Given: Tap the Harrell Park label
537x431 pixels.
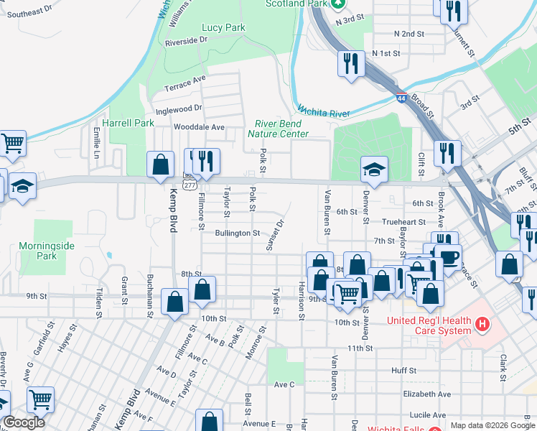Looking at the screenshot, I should (128, 123).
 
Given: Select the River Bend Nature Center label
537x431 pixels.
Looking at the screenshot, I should (279, 129).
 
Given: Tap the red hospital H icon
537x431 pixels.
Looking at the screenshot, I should (482, 325).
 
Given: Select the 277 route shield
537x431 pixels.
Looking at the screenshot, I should (190, 185).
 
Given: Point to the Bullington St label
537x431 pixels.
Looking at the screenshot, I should (237, 233).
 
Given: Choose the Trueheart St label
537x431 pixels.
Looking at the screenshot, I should (403, 223).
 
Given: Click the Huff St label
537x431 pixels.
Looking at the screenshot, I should (403, 371).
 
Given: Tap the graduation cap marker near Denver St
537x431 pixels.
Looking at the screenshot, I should (373, 170).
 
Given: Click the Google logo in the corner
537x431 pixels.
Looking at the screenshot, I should (24, 422).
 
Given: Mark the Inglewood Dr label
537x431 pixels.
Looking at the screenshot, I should (179, 108).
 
